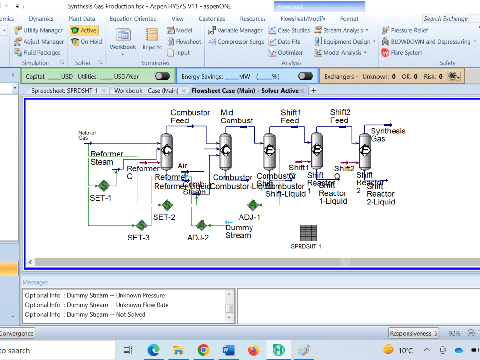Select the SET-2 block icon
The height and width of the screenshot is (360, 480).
point(167,205)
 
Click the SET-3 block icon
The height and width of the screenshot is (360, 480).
point(141,226)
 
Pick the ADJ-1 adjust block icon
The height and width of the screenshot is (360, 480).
point(253,205)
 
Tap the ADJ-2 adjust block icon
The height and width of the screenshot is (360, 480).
point(201,226)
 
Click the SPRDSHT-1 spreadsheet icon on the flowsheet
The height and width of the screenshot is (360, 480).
point(309,233)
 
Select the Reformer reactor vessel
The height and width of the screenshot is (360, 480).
point(167,151)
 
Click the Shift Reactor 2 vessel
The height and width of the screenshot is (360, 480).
point(365,151)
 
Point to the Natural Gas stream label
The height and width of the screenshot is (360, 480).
point(87,135)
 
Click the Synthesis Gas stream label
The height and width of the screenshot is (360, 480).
point(388,135)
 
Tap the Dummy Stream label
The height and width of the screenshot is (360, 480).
point(239,231)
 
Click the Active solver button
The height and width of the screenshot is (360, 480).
point(84,30)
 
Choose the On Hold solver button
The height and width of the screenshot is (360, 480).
point(86,42)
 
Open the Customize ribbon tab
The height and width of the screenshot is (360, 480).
point(212,19)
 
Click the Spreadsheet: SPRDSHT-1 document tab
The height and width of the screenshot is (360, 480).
point(64,91)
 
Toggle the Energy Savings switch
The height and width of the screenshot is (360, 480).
point(305,76)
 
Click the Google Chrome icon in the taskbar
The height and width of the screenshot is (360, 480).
point(203,350)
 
